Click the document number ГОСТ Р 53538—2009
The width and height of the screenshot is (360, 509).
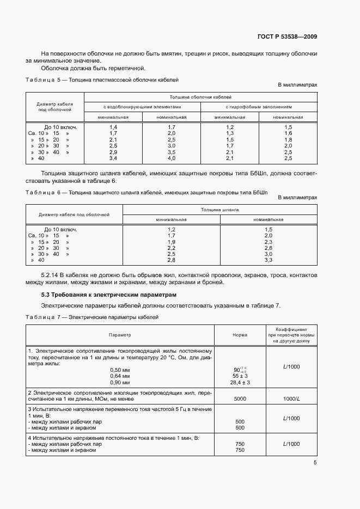pos(286,37)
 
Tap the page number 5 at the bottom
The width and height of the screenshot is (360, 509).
pos(315,463)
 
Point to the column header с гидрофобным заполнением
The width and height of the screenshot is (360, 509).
pos(259,107)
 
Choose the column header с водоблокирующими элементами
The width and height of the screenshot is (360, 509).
pos(142,107)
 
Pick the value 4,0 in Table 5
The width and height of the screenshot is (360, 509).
pos(171,158)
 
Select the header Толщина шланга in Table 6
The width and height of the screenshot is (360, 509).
pos(219,209)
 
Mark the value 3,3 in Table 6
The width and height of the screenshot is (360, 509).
pos(268,260)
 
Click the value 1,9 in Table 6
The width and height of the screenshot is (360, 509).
pos(171,242)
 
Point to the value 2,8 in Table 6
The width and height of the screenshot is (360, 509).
pos(171,260)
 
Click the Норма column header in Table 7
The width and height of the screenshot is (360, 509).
pos(240,335)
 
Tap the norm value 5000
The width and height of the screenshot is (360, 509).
pos(240,398)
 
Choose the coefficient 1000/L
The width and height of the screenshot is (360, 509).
pos(291,398)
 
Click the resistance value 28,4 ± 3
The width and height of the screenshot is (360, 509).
pos(240,383)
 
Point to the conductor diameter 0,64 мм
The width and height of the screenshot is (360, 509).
pos(119,376)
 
